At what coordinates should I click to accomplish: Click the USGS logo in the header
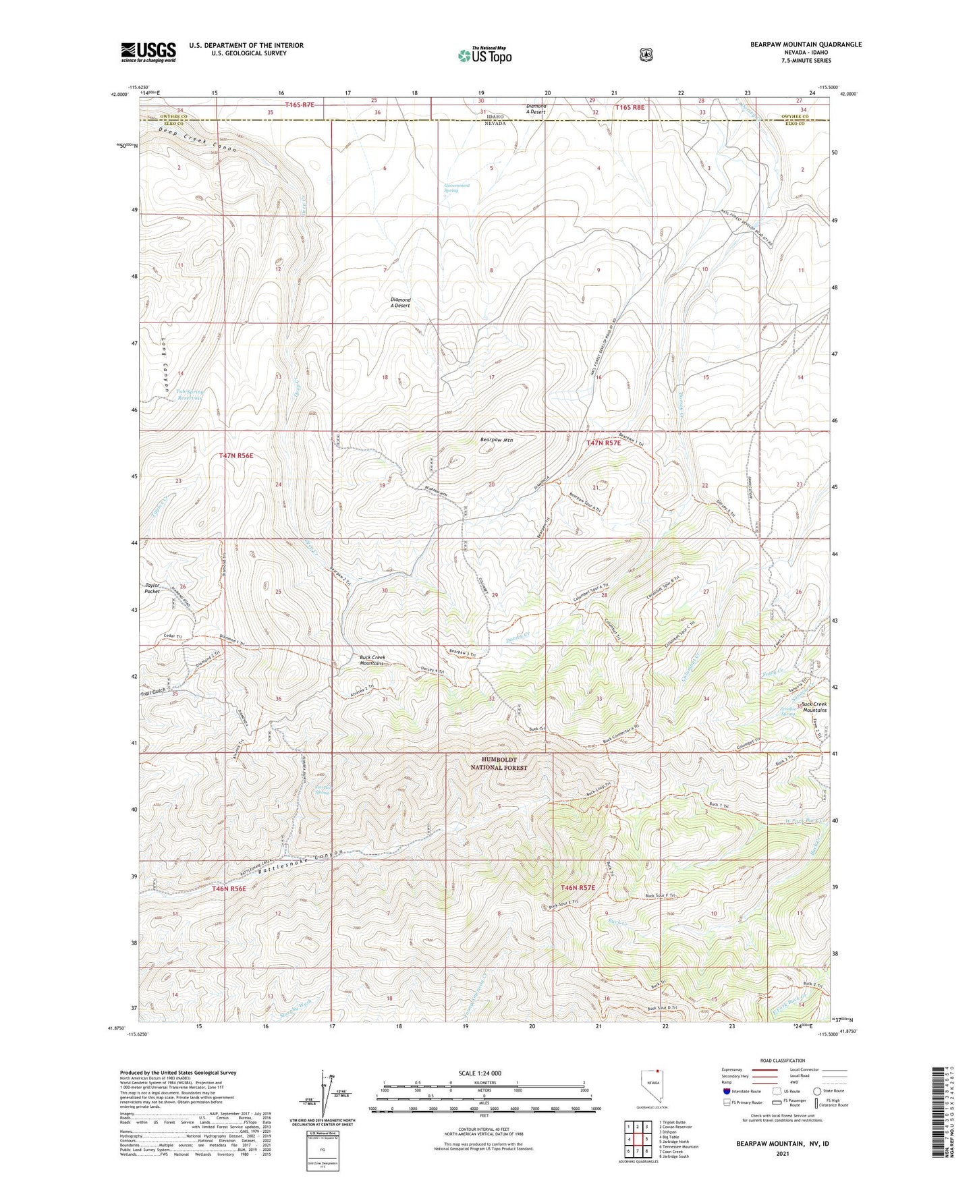pyautogui.click(x=148, y=51)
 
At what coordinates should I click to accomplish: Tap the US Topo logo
pyautogui.click(x=484, y=55)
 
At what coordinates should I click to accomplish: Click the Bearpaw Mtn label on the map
pyautogui.click(x=497, y=440)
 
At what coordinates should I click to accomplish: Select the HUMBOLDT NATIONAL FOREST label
pyautogui.click(x=499, y=764)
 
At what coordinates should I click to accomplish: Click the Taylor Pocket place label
pyautogui.click(x=152, y=588)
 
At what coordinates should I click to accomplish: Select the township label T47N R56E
pyautogui.click(x=236, y=456)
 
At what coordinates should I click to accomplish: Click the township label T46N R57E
pyautogui.click(x=574, y=888)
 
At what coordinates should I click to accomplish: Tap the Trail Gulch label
pyautogui.click(x=153, y=692)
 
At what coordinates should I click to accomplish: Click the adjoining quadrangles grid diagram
pyautogui.click(x=638, y=1139)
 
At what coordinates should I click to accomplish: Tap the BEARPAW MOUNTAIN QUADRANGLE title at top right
pyautogui.click(x=806, y=45)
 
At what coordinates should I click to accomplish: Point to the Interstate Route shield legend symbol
pyautogui.click(x=726, y=1091)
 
